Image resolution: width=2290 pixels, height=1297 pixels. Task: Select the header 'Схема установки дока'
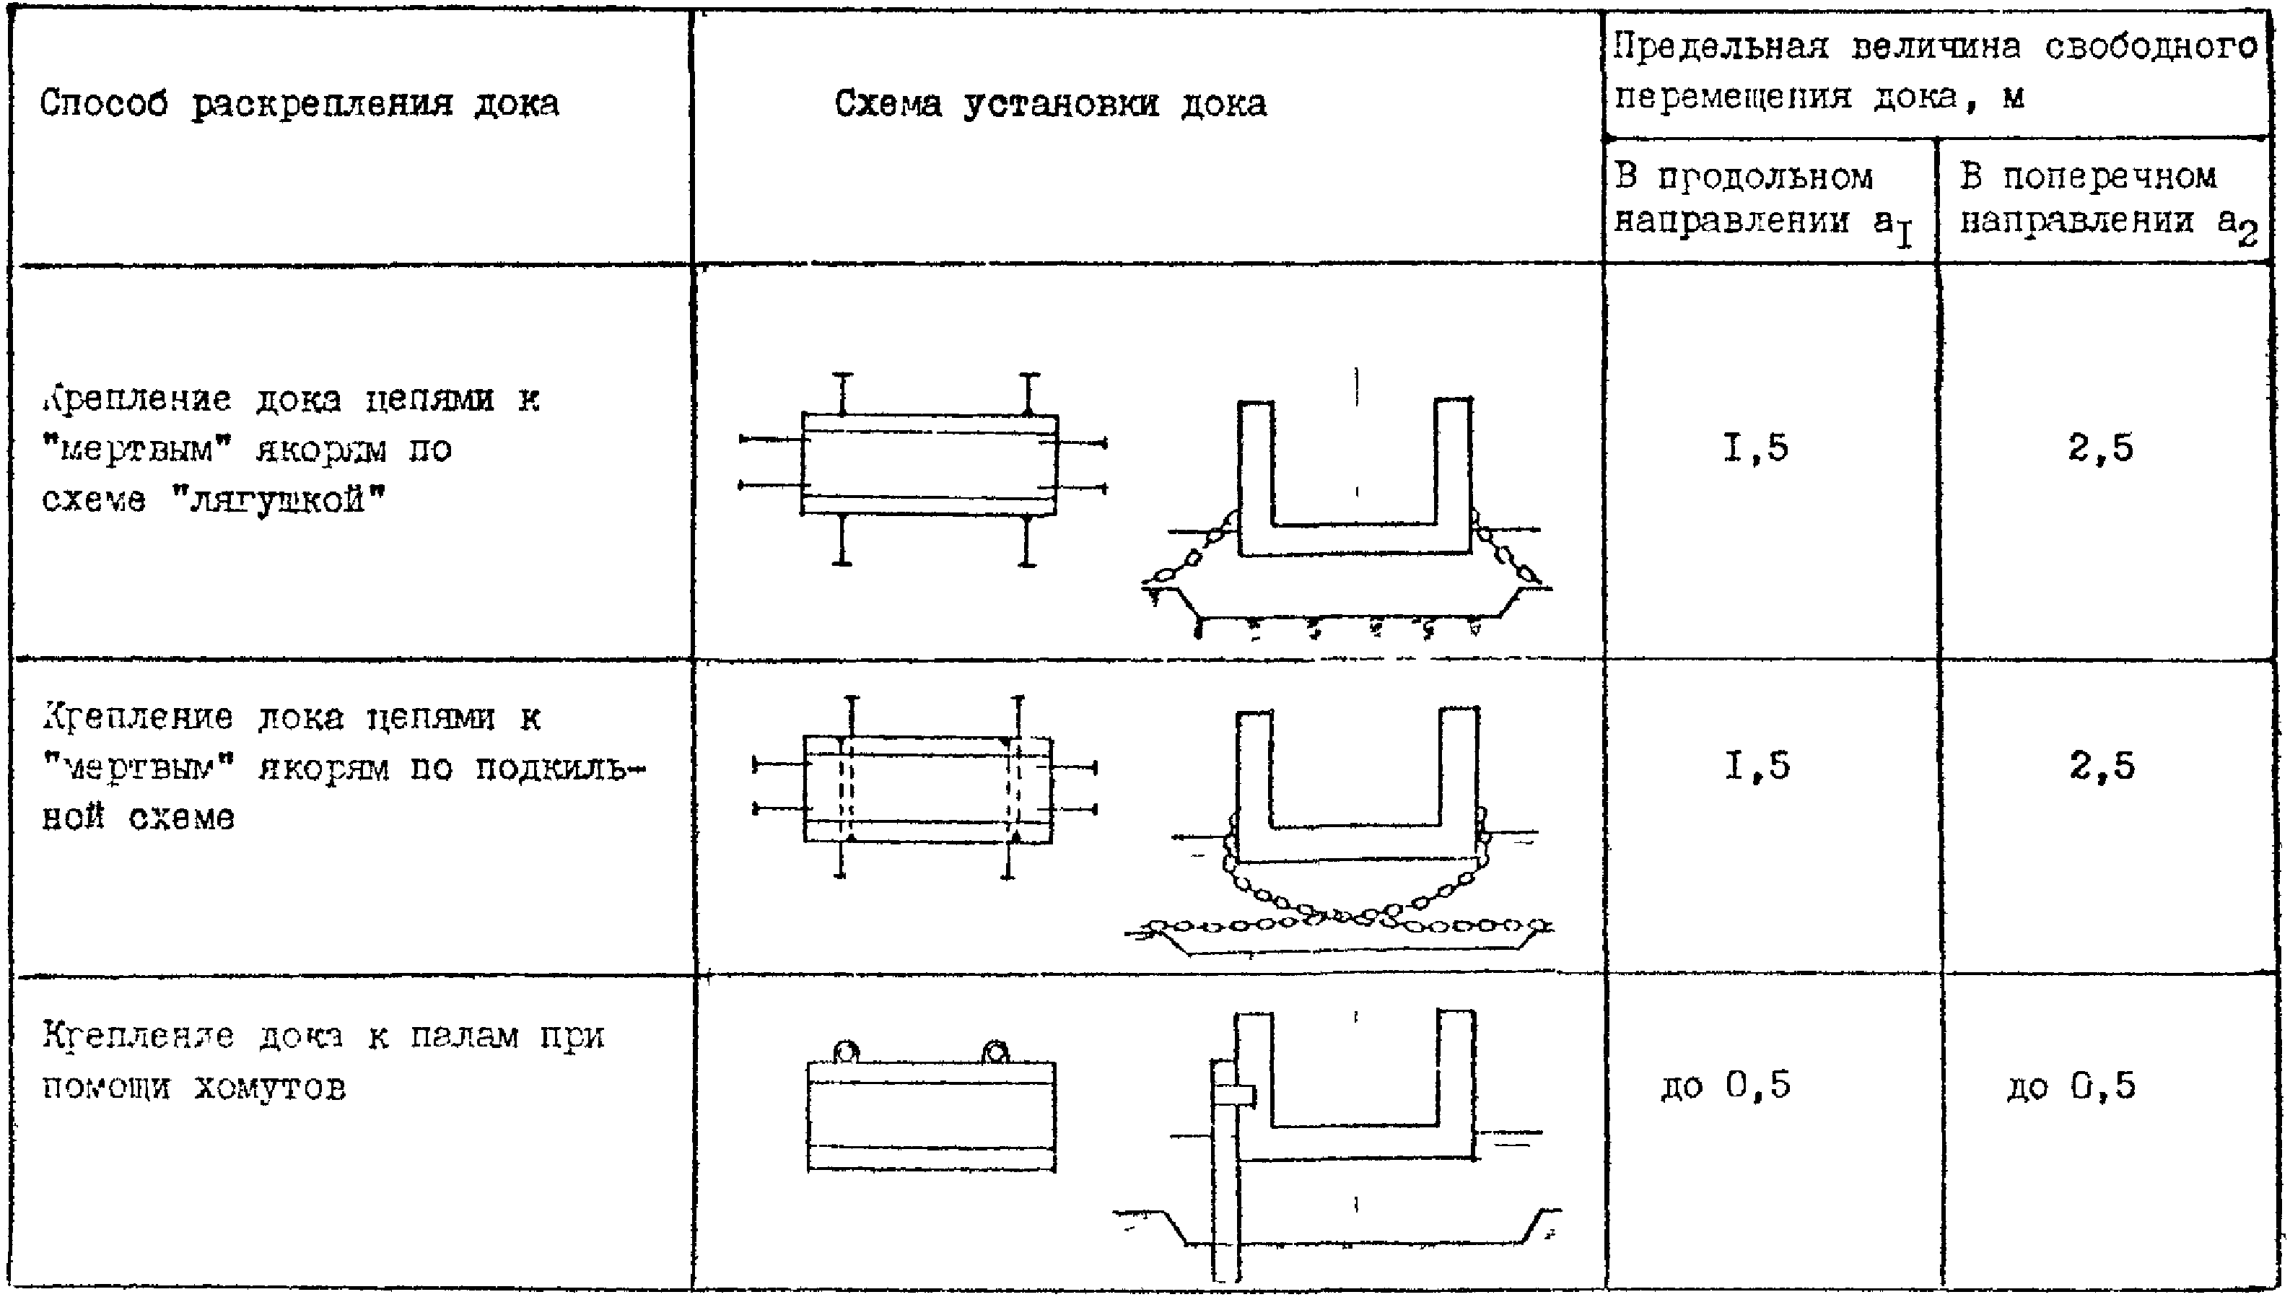coord(1050,104)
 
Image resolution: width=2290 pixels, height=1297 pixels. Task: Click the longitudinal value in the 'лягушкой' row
coord(1754,447)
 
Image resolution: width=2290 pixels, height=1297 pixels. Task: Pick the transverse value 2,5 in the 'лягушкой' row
coord(2100,447)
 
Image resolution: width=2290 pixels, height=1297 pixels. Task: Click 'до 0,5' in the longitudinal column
coord(1726,1086)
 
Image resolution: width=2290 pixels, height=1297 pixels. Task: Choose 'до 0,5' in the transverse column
coord(2071,1086)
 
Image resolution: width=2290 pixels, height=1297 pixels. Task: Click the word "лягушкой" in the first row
coord(278,499)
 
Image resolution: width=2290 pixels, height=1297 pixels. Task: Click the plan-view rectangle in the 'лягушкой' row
coord(929,464)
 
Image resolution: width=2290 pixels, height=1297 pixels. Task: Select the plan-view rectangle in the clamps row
coord(931,1115)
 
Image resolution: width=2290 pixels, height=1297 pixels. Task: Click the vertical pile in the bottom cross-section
coord(1225,1184)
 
